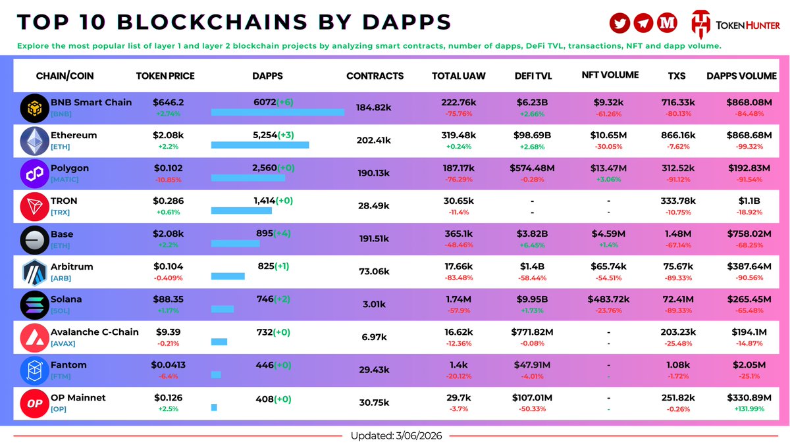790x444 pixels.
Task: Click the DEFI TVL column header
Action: pyautogui.click(x=533, y=76)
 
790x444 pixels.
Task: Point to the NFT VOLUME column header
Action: pyautogui.click(x=610, y=75)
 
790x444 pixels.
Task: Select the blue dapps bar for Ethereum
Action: pyautogui.click(x=260, y=145)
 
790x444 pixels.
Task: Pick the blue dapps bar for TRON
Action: pyautogui.click(x=241, y=210)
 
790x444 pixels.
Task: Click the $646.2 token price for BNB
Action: pyautogui.click(x=169, y=103)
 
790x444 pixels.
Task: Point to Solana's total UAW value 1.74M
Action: pyautogui.click(x=458, y=299)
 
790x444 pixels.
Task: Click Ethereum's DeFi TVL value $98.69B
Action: pyautogui.click(x=533, y=135)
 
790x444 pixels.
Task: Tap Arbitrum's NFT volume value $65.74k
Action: pyautogui.click(x=610, y=266)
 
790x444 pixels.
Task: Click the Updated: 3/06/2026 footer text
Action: pyautogui.click(x=395, y=435)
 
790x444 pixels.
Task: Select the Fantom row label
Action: pyautogui.click(x=68, y=365)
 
